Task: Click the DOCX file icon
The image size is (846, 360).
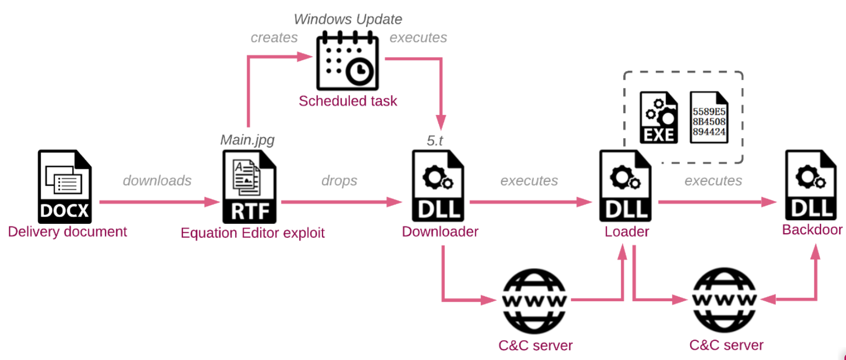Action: point(64,186)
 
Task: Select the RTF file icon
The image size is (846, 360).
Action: point(249,187)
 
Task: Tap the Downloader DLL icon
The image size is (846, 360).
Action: point(438,186)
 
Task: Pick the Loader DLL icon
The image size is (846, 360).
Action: point(625,186)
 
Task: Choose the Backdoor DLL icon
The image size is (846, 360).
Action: point(811,185)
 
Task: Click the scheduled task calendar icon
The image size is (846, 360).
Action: point(347,60)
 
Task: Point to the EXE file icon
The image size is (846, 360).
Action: point(659,117)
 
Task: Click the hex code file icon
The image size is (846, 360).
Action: point(709,117)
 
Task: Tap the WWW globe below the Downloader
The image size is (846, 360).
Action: point(534,300)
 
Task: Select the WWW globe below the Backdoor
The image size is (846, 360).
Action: point(724,300)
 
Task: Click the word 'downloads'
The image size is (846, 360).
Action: point(157,180)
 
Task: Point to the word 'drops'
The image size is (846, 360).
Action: point(339,180)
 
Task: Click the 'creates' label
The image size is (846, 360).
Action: point(274,37)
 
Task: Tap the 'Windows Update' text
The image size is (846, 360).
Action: point(348,19)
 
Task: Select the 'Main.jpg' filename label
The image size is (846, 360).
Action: point(247,140)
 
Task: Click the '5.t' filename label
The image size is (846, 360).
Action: point(435,140)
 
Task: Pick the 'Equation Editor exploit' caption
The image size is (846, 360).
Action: point(252,233)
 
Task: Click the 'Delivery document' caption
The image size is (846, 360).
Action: point(68,232)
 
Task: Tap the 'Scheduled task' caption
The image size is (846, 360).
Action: point(347,101)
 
